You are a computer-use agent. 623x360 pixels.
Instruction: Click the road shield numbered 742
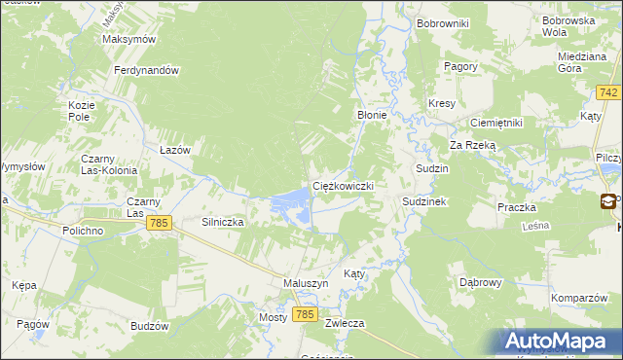608,92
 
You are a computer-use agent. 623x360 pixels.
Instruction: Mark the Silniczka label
222,222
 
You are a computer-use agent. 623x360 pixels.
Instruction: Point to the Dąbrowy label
480,282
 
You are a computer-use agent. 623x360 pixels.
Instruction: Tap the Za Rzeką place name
473,145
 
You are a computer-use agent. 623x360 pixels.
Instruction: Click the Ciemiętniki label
496,123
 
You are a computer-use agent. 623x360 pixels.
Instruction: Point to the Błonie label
372,114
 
